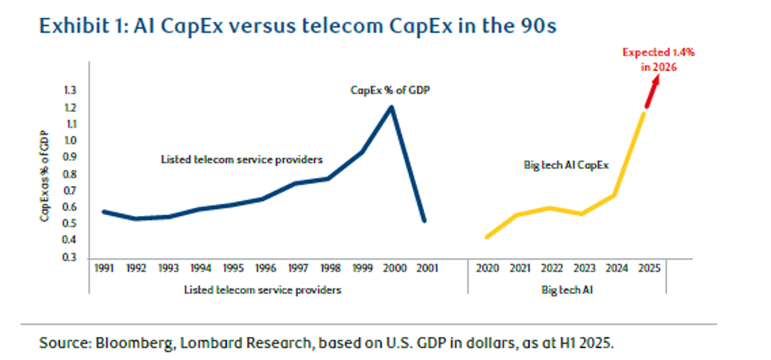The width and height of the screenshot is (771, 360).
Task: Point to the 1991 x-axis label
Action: (x=104, y=268)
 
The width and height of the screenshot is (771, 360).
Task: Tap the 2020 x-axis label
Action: (x=486, y=268)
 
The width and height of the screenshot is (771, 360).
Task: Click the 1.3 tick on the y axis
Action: (x=70, y=91)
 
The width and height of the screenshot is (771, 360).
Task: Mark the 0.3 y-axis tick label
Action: (x=70, y=257)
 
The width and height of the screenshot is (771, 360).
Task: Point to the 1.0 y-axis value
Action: (x=70, y=141)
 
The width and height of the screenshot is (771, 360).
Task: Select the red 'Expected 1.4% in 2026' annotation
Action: (x=658, y=60)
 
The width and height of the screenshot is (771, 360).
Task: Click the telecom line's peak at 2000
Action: (x=392, y=107)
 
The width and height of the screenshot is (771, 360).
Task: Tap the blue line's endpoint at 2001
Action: (x=424, y=221)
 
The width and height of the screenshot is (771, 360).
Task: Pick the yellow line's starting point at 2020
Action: (x=486, y=237)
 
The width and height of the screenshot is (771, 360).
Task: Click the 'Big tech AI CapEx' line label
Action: (x=566, y=165)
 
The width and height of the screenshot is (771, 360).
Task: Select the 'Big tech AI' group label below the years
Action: (x=567, y=290)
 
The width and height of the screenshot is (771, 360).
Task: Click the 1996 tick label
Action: (x=264, y=268)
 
